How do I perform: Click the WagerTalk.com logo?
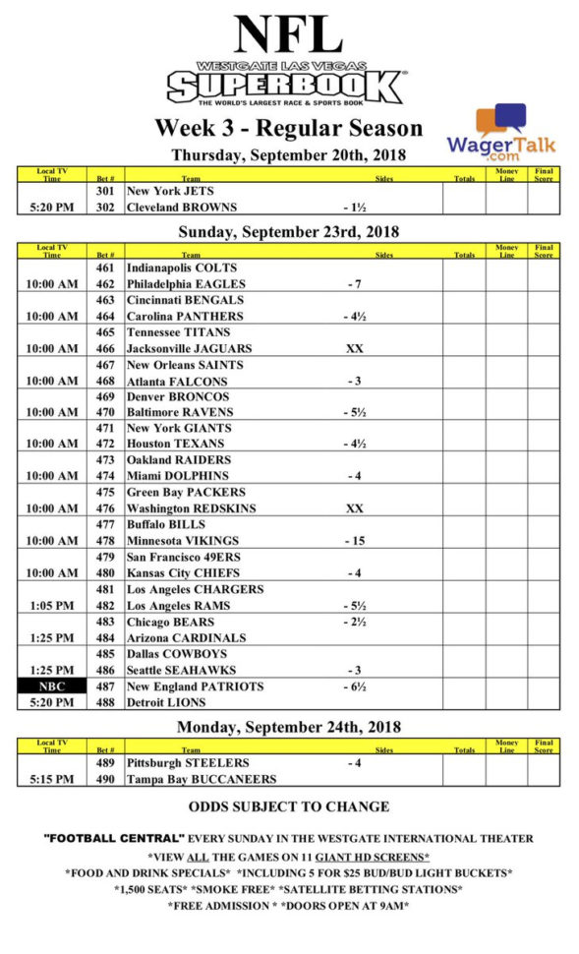pos(500,135)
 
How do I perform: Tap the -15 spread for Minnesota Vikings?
pos(355,541)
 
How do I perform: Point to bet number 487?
pos(106,686)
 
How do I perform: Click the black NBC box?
pos(51,686)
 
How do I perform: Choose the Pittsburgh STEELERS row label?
pos(188,763)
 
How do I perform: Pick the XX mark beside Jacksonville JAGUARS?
pos(355,348)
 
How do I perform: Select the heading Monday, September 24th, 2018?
pos(289,728)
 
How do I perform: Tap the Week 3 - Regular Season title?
pos(288,129)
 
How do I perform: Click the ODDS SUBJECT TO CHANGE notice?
pos(289,807)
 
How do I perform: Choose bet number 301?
pos(106,191)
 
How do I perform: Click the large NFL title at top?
pos(288,34)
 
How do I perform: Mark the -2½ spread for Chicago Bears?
pos(355,622)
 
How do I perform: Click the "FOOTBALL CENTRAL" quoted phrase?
pos(115,839)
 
